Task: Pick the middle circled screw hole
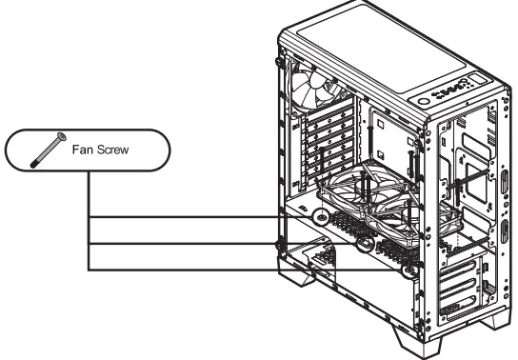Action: [366, 242]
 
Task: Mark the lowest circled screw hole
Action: [410, 270]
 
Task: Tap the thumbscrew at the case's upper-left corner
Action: [278, 65]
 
